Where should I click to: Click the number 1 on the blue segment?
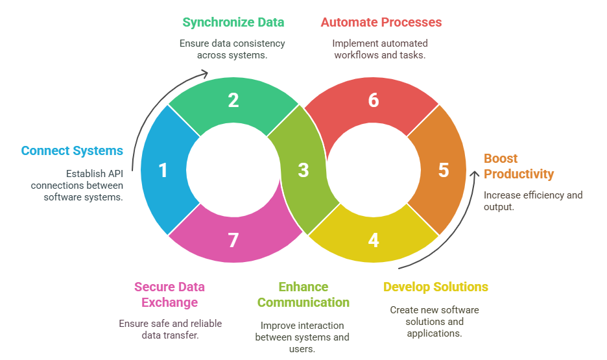163,171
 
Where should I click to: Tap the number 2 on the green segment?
233,101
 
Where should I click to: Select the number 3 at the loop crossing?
303,171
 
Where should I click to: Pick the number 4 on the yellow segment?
373,241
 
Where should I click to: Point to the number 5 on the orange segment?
443,171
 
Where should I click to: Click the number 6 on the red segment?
373,101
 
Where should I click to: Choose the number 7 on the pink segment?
233,241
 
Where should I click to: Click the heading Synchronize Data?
233,22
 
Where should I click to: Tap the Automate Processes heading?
381,22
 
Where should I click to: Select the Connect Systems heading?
72,151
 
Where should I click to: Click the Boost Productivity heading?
519,166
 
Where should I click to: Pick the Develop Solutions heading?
435,287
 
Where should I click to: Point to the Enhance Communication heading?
303,294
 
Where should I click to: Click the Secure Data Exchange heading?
165,294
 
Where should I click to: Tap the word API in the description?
114,174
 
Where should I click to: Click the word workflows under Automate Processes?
357,55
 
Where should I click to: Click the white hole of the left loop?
233,171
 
